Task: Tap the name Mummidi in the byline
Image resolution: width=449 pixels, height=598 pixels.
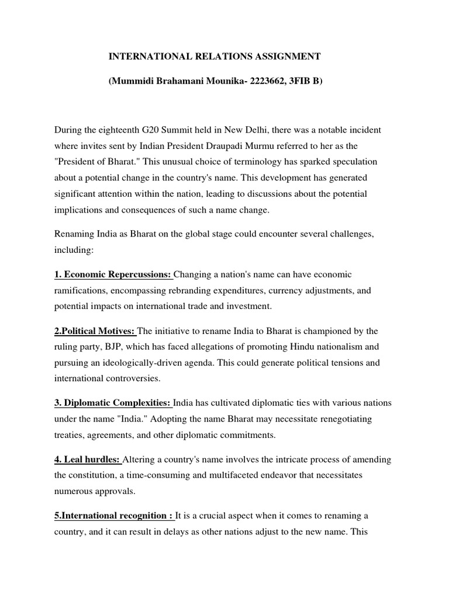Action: (132, 82)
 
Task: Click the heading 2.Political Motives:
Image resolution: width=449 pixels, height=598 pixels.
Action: (95, 331)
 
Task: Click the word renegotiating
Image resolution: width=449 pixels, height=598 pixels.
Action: (343, 419)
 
